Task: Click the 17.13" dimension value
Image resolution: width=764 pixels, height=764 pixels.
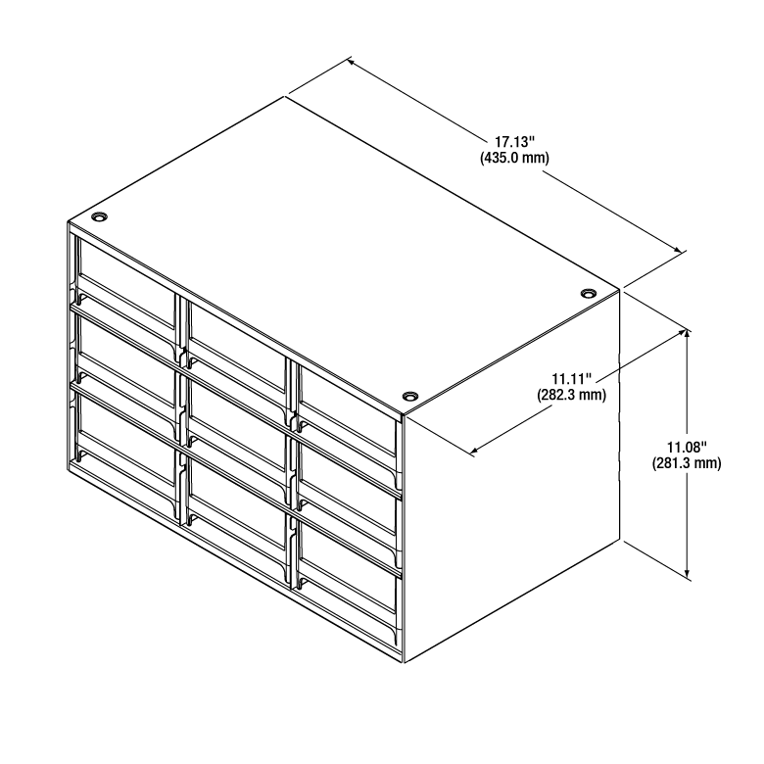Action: [515, 142]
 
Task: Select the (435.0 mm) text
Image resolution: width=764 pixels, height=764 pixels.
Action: [514, 158]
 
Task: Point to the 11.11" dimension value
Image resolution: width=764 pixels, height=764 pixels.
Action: [572, 379]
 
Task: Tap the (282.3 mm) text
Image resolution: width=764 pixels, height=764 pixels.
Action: [572, 395]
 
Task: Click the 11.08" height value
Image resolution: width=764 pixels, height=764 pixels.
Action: [687, 447]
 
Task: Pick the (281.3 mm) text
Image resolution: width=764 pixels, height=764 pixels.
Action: [687, 463]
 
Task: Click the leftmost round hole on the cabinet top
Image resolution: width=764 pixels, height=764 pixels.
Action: [99, 216]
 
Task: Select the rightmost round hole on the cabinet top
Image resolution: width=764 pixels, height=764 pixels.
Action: [589, 293]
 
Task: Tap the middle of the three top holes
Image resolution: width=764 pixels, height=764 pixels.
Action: [410, 396]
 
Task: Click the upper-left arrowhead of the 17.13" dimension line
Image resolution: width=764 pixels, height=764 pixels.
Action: [351, 63]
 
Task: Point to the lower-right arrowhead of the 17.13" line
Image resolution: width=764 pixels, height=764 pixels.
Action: [678, 249]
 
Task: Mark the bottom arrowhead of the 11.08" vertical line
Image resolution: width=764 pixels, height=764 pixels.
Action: [687, 574]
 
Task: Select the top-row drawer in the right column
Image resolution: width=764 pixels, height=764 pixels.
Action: [347, 410]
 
